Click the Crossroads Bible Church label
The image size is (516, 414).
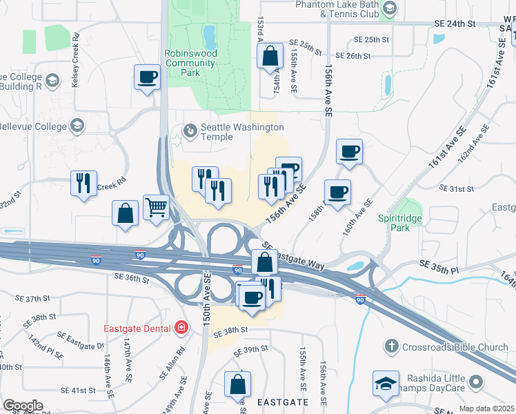click(456, 346)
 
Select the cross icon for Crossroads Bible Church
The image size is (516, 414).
click(392, 346)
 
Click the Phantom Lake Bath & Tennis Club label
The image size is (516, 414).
click(337, 9)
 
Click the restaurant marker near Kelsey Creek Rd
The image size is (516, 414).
click(83, 183)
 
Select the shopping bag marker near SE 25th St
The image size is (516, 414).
click(270, 55)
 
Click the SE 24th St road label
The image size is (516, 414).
click(455, 23)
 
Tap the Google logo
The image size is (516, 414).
click(23, 406)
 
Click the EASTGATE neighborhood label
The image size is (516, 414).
click(283, 401)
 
